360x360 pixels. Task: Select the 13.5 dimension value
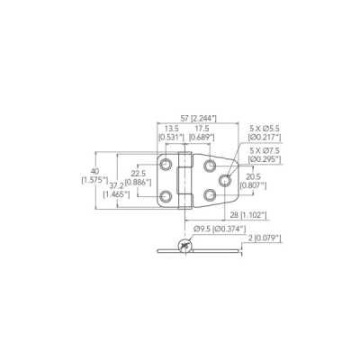[x=172, y=129]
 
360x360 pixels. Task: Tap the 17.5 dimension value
[x=202, y=129]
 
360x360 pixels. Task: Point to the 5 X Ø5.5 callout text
[x=265, y=129]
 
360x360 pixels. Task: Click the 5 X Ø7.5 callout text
[x=265, y=150]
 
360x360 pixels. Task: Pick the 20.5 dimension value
[x=253, y=176]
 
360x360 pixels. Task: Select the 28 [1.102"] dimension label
[x=248, y=215]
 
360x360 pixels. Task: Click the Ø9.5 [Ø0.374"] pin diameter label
[x=220, y=229]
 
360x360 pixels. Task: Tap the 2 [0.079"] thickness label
[x=265, y=238]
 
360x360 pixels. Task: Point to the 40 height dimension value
[x=94, y=172]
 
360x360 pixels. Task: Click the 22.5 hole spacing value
[x=138, y=173]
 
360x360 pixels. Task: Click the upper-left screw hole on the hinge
[x=166, y=164]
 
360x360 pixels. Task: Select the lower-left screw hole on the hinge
[x=166, y=196]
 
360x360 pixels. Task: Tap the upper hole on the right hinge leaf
[x=210, y=165]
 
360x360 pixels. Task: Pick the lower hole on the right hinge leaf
[x=210, y=195]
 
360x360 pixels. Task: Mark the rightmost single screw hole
[x=224, y=180]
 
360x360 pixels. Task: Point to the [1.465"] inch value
[x=116, y=194]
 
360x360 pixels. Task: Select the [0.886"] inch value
[x=138, y=182]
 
